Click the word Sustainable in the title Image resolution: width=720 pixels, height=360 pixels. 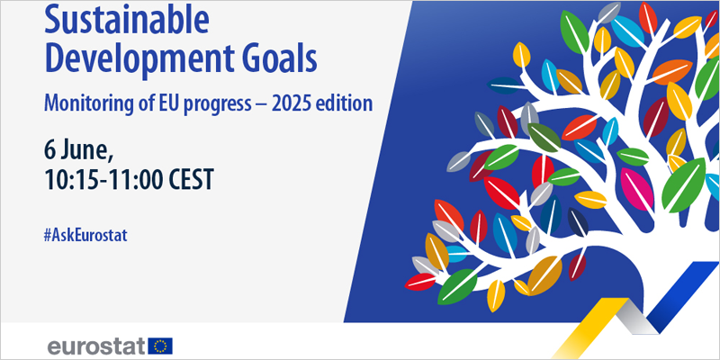[x=126, y=20]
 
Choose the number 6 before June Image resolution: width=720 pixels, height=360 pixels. [x=49, y=150]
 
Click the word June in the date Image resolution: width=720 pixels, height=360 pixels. [x=87, y=150]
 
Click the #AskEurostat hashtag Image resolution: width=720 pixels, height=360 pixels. [x=85, y=236]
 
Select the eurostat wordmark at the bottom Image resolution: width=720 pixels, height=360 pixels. [x=98, y=346]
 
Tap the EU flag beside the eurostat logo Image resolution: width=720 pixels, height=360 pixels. [x=160, y=346]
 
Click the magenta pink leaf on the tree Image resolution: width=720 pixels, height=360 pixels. [x=637, y=189]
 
